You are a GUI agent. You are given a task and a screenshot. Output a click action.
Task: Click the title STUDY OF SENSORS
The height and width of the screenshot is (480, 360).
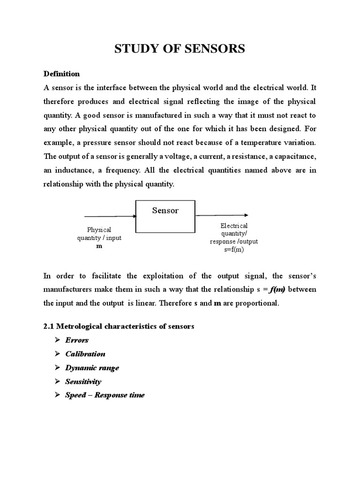(x=180, y=49)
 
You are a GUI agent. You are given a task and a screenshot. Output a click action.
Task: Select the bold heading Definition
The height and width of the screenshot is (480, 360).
(x=61, y=74)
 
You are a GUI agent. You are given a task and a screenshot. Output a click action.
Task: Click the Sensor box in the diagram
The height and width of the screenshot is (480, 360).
(x=165, y=216)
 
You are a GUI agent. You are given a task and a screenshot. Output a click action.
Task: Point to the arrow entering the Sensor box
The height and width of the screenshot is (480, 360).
(x=110, y=217)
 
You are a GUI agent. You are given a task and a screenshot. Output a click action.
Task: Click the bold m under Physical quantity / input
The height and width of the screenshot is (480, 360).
(x=99, y=246)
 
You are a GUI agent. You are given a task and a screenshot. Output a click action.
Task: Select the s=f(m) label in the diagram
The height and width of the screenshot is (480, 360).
(x=234, y=250)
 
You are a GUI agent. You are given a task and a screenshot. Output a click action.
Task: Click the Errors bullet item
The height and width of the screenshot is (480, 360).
(x=77, y=340)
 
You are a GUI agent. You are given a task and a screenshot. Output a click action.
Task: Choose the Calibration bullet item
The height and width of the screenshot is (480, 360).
(x=85, y=354)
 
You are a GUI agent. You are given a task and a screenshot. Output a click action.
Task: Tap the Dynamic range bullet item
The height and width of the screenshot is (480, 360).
(x=92, y=367)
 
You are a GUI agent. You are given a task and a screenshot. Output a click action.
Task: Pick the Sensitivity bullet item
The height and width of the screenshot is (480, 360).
(x=83, y=382)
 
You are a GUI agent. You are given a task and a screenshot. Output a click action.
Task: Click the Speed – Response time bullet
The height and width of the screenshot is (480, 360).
(x=105, y=395)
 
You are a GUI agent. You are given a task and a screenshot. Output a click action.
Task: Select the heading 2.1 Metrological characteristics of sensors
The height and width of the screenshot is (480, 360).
(x=119, y=326)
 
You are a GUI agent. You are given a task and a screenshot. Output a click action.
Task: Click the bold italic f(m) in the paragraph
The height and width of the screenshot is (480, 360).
(x=277, y=289)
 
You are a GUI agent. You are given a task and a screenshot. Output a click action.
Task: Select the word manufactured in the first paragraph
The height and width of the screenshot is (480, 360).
(x=145, y=115)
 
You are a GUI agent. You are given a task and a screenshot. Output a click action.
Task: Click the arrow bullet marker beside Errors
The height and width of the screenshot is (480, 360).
(x=57, y=340)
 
